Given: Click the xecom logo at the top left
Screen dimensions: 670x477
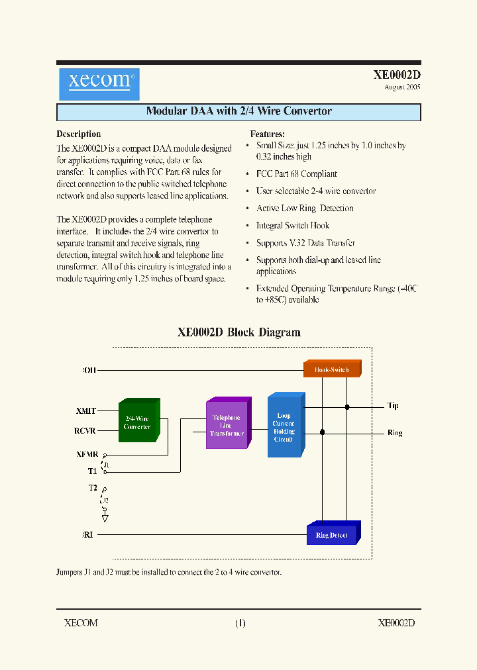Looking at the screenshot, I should coord(99,83).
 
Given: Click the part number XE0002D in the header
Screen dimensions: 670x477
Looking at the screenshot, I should coord(396,75).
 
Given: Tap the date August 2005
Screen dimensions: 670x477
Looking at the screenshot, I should coord(402,87).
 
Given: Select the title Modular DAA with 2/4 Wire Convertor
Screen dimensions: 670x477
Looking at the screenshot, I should coord(238,111).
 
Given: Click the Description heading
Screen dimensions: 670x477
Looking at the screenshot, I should coord(79,134).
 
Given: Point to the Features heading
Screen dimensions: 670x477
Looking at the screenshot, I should coord(267,134).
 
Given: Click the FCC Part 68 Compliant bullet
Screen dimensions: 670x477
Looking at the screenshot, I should coord(296,174).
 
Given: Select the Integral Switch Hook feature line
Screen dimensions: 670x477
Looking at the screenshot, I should coord(292,226).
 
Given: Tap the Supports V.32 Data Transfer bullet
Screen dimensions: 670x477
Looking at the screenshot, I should coord(305,243).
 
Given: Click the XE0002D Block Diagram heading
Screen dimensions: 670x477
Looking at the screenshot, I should coord(238,332).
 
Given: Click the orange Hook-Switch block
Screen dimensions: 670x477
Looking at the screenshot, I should coord(331,369).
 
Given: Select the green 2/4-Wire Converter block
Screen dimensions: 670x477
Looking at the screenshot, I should coord(137,422).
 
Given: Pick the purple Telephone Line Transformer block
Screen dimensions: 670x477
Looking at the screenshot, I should coord(227,425).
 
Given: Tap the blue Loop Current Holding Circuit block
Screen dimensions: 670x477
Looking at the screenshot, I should coord(284,427).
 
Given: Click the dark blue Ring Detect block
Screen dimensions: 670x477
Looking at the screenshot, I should coord(331,534).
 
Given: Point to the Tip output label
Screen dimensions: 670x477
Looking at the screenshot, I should coord(393,406).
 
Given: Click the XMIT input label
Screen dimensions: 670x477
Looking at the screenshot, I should coord(86,411).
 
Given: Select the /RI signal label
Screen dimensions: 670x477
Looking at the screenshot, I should coord(87,534).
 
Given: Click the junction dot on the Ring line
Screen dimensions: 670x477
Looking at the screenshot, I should coord(322,432).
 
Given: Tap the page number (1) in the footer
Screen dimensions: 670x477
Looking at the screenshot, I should coord(240,623).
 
